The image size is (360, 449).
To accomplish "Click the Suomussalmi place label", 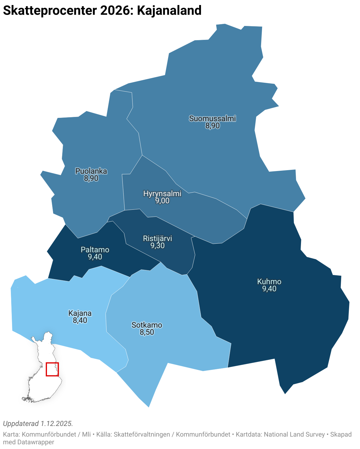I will pos(212,118).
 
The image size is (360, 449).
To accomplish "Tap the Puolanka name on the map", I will pos(91,171).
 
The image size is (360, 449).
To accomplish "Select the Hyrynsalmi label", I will pos(162,193).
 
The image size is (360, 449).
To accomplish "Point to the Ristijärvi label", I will pos(158,238).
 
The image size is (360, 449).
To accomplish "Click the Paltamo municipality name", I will pos(95,250).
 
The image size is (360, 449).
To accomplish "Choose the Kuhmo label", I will pos(269,282).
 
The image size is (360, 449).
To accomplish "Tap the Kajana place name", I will pos(80,313).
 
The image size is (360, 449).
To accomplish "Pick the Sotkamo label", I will pos(147,325).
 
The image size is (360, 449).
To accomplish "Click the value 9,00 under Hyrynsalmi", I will pos(162,201).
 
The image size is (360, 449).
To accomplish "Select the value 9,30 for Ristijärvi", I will pos(158,246).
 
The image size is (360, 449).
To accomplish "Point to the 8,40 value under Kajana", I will pos(80,321).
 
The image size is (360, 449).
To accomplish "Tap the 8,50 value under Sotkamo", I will pos(147,332).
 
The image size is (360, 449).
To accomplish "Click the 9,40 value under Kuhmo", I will pos(269,289).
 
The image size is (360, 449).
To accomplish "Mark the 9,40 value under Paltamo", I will pos(95,257).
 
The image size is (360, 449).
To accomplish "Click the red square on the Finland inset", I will pos(52,369).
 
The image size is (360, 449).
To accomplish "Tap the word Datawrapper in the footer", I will pos(36,442).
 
